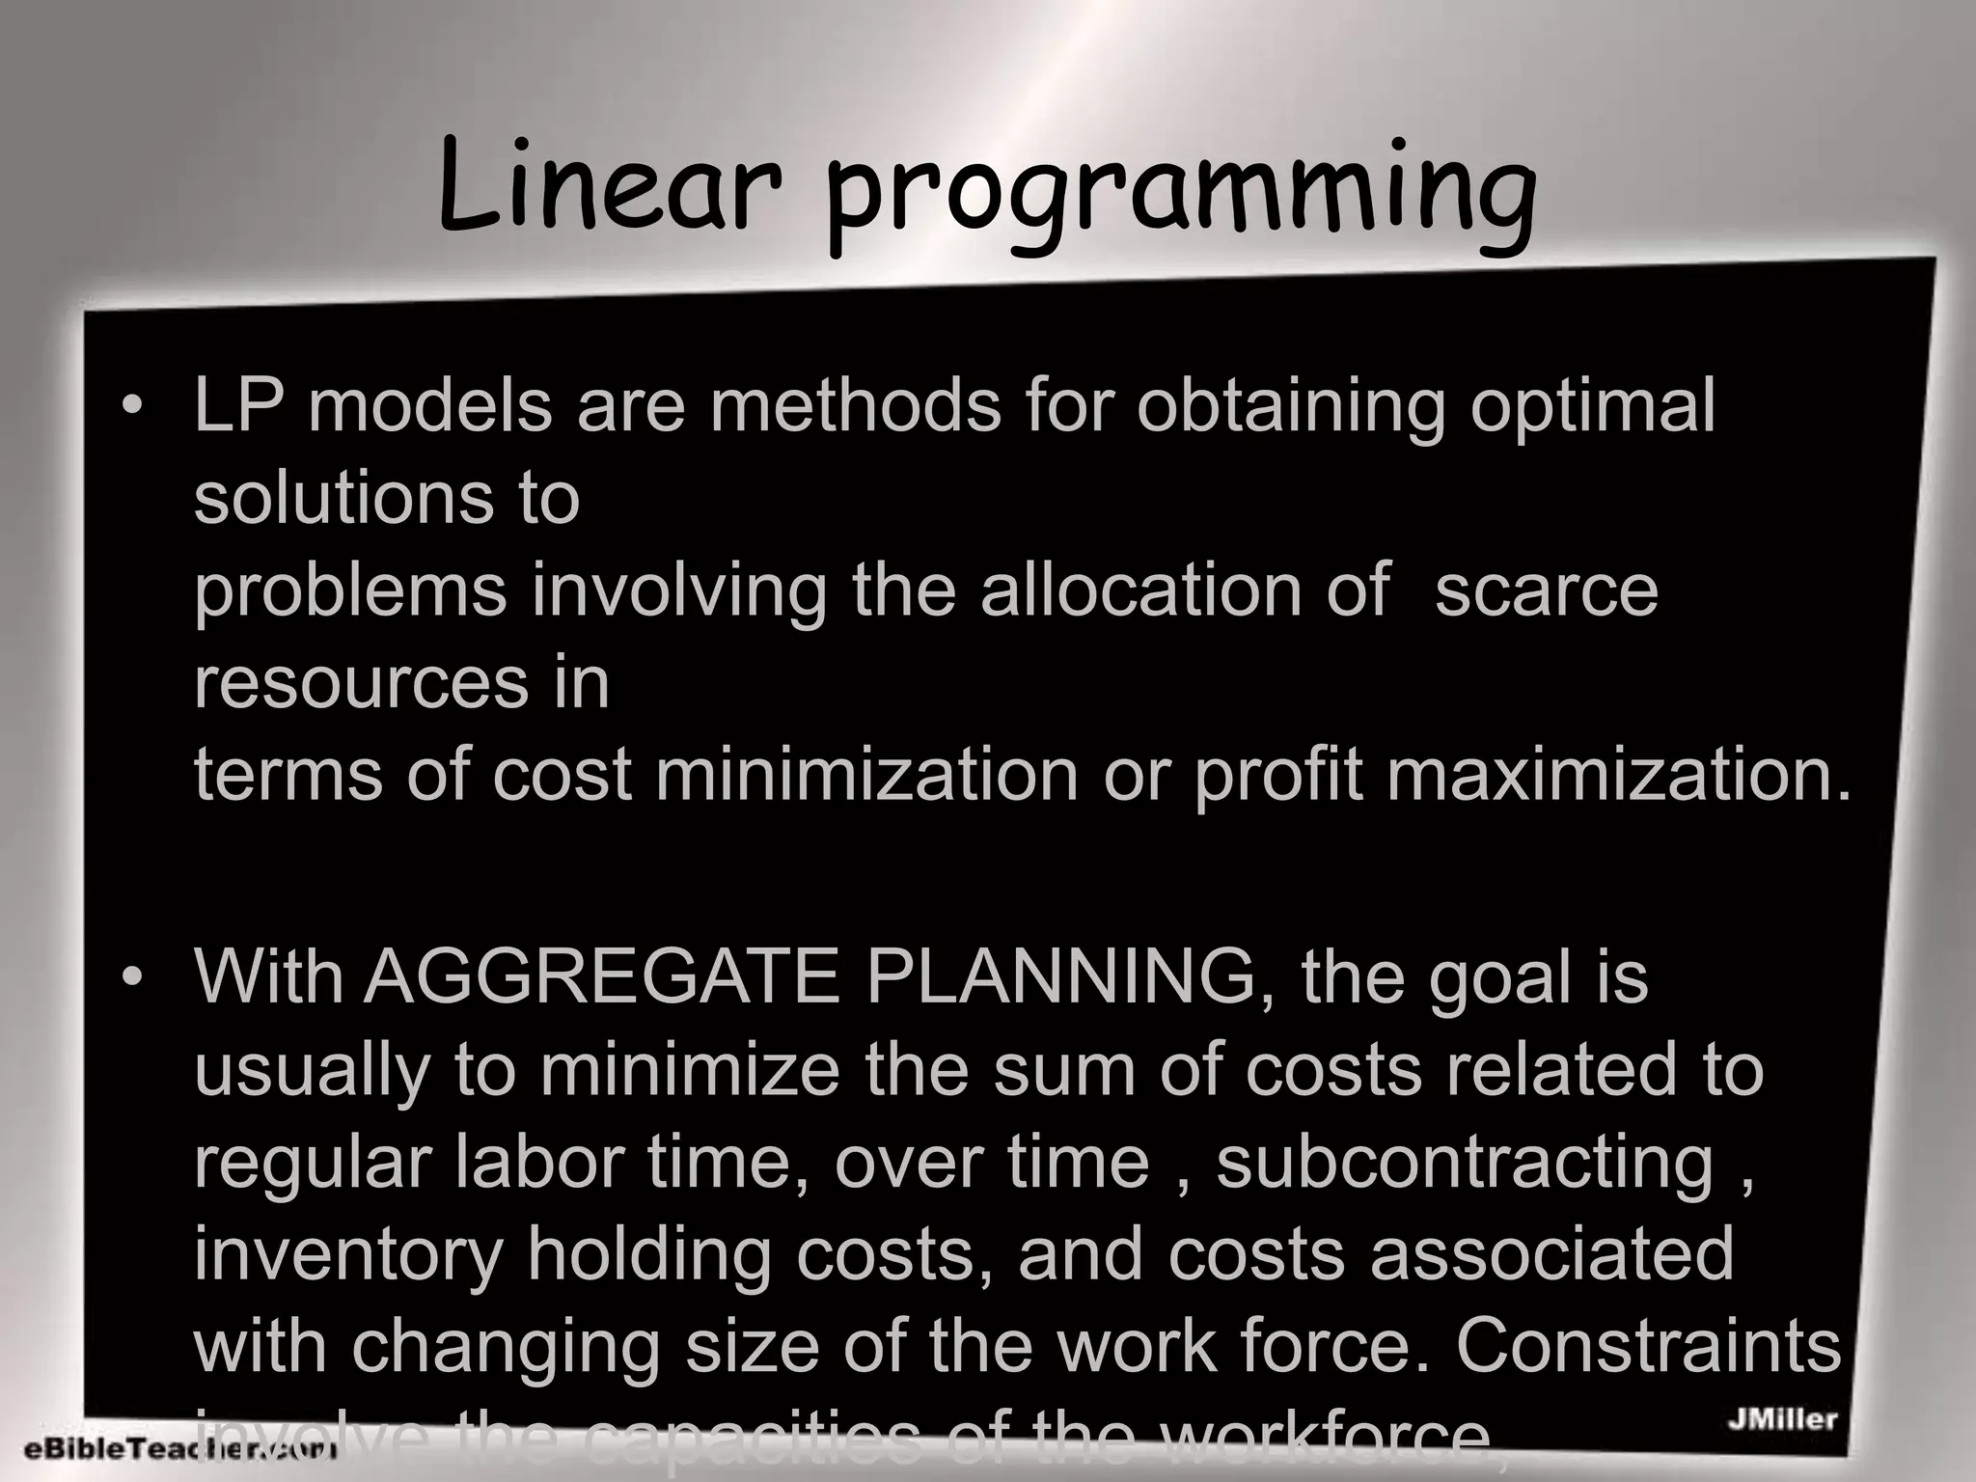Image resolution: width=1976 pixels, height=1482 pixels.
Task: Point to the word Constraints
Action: [1648, 1346]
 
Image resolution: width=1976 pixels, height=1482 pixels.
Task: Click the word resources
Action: [360, 683]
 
